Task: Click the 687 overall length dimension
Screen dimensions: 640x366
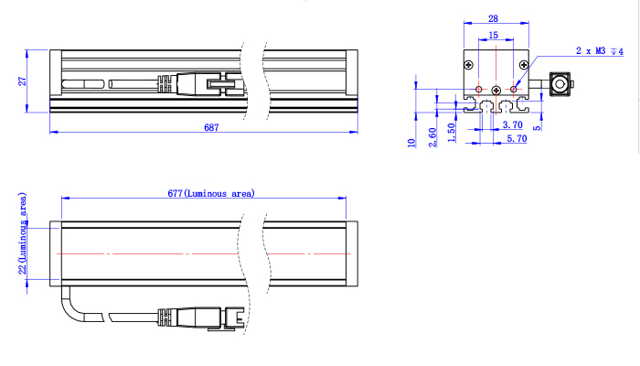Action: pyautogui.click(x=211, y=127)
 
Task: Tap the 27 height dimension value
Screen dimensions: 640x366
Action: pyautogui.click(x=23, y=81)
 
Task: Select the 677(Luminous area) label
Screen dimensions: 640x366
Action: pyautogui.click(x=211, y=193)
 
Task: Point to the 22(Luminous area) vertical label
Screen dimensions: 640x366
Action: pyautogui.click(x=23, y=233)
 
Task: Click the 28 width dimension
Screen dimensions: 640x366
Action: pyautogui.click(x=493, y=18)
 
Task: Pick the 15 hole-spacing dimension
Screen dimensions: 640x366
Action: pyautogui.click(x=493, y=35)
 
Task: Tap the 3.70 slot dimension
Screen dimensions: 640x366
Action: pyautogui.click(x=512, y=124)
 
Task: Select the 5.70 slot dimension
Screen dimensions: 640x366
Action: pyautogui.click(x=517, y=138)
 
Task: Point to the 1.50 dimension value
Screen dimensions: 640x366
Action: pyautogui.click(x=451, y=133)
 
